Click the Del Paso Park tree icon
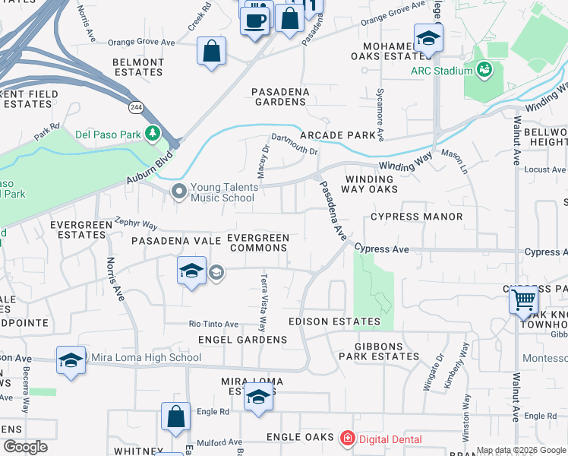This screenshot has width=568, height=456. (153, 134)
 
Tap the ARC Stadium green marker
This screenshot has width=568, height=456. (483, 71)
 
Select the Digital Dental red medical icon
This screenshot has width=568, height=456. (347, 438)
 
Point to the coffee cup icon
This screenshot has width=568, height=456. (255, 20)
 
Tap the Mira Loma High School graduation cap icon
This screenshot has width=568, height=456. (71, 359)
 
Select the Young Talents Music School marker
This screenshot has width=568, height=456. (179, 192)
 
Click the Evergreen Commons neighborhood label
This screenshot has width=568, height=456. (258, 243)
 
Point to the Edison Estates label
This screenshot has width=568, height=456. (333, 321)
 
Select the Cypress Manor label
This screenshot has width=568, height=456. (416, 217)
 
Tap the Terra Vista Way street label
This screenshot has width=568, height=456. (263, 302)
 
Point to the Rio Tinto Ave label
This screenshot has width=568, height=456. (213, 323)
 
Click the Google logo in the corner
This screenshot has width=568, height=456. (25, 447)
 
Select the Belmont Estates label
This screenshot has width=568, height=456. (137, 67)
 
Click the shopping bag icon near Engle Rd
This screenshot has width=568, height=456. (175, 416)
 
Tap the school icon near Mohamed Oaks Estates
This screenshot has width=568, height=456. (428, 38)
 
